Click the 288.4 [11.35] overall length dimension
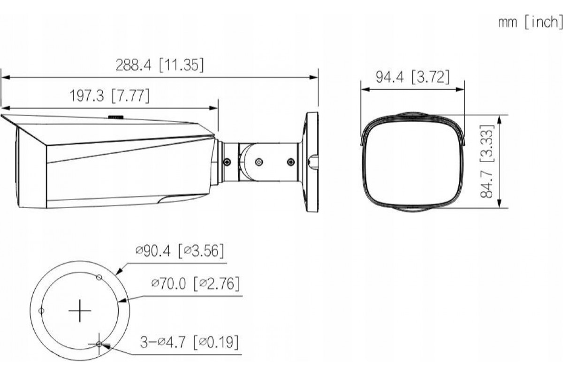click(x=160, y=65)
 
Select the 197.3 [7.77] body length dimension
click(x=109, y=96)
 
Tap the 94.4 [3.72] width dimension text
click(x=412, y=77)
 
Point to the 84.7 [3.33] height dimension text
click(x=487, y=161)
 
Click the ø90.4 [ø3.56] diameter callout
click(x=179, y=251)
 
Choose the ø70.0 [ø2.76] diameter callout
click(x=195, y=283)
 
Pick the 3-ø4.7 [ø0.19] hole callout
click(x=189, y=342)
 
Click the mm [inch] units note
click(x=530, y=22)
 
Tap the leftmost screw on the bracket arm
click(x=227, y=162)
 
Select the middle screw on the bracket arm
click(x=259, y=162)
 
